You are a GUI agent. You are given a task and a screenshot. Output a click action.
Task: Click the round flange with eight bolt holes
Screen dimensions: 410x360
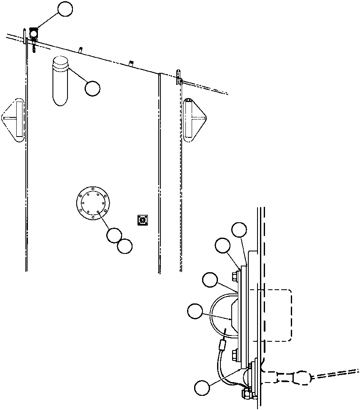pos(92,203)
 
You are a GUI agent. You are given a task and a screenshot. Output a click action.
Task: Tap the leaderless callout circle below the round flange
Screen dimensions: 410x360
pos(125,246)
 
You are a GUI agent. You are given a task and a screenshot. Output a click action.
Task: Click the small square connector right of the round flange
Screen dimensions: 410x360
pos(143,219)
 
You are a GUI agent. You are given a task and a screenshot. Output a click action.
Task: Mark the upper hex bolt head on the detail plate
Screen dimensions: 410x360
pos(235,275)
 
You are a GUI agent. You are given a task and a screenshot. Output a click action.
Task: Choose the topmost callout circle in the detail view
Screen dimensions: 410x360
pos(239,230)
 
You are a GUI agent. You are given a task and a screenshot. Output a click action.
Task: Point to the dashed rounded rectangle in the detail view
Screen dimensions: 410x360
pos(275,315)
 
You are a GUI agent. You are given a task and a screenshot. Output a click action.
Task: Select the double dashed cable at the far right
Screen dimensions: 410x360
pos(337,373)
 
